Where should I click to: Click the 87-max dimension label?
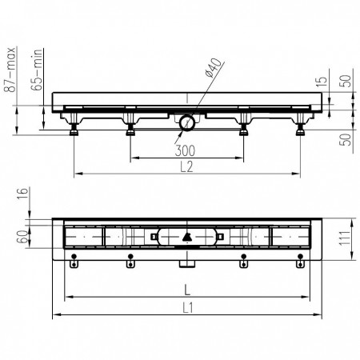(11, 70)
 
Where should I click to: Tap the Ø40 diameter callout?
(214, 68)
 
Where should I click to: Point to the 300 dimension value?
(185, 150)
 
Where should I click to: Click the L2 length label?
(186, 167)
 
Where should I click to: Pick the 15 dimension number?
(322, 82)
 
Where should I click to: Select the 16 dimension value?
(22, 194)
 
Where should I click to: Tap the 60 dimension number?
(22, 237)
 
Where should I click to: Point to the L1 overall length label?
(188, 308)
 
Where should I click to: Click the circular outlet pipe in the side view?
(187, 123)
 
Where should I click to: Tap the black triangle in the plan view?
(187, 237)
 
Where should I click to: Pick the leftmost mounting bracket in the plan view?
(74, 261)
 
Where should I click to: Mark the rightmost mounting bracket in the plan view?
(300, 261)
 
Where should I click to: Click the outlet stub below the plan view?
(187, 264)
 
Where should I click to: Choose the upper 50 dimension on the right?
(345, 81)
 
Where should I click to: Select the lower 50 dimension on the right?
(345, 139)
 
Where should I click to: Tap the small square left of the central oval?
(154, 237)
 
